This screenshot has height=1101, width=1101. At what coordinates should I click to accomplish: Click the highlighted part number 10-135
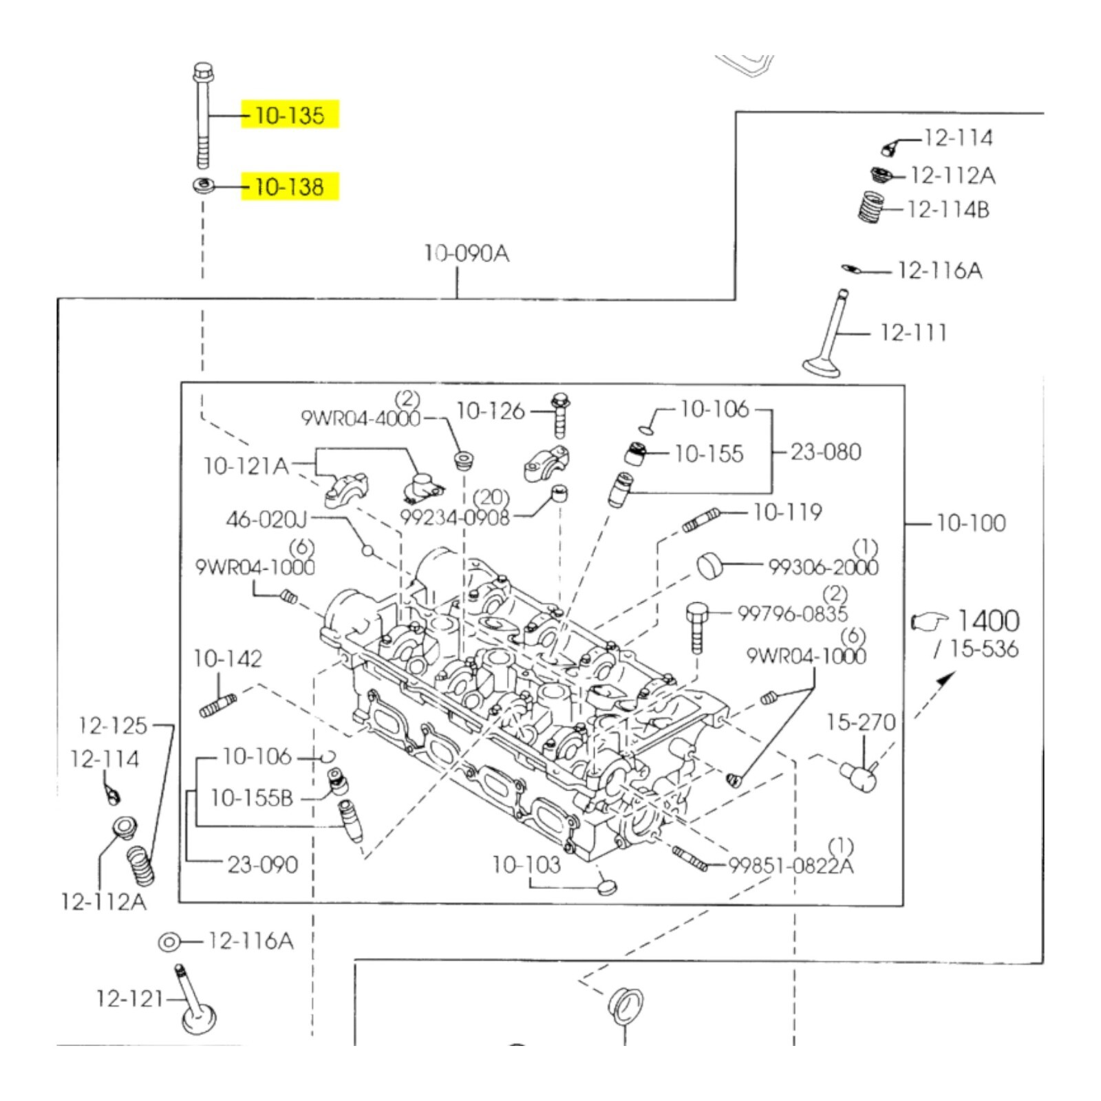[290, 115]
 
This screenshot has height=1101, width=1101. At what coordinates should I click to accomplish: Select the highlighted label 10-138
[290, 186]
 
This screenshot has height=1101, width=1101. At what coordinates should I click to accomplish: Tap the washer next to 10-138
[203, 186]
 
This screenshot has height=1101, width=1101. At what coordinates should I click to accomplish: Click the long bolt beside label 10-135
[203, 115]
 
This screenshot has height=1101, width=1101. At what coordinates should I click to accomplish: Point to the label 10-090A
[467, 253]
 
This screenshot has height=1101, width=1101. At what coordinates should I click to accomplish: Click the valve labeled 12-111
[829, 333]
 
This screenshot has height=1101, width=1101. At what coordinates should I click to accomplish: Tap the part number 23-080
[826, 452]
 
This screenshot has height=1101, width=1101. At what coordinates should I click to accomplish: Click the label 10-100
[971, 523]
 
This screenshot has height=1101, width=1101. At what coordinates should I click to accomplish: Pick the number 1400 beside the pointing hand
[988, 621]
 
